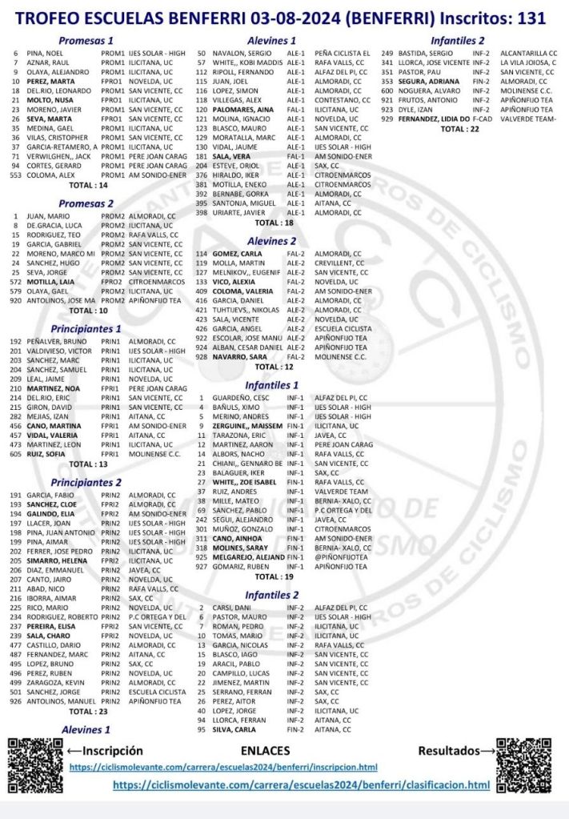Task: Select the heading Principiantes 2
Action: pyautogui.click(x=86, y=482)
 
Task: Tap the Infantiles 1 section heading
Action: pyautogui.click(x=271, y=384)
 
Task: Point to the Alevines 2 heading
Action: pyautogui.click(x=271, y=240)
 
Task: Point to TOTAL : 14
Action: pyautogui.click(x=89, y=185)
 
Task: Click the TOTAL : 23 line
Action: pyautogui.click(x=88, y=711)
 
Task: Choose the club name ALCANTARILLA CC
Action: pyautogui.click(x=528, y=53)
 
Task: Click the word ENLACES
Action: pyautogui.click(x=265, y=751)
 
